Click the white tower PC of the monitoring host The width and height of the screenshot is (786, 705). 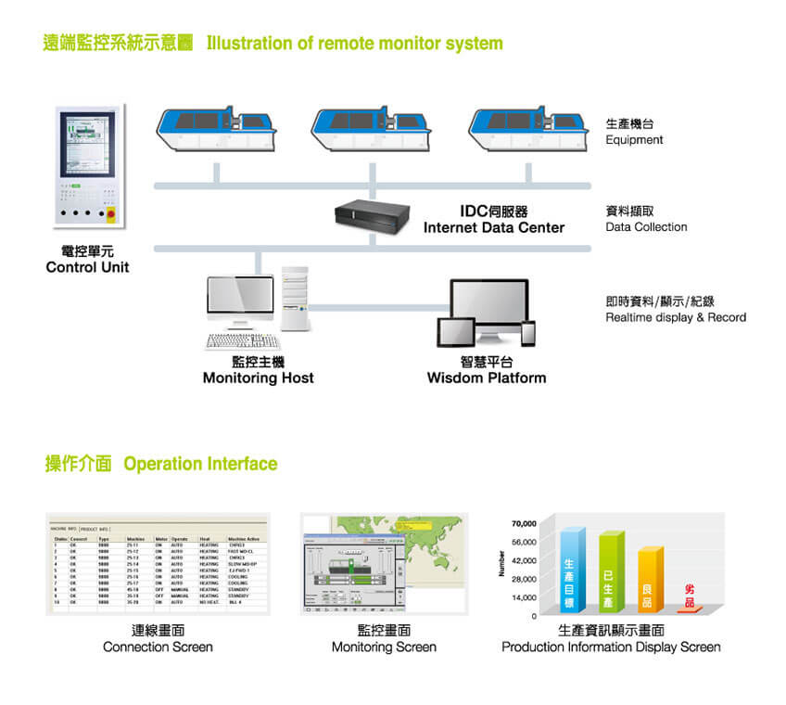click(x=295, y=299)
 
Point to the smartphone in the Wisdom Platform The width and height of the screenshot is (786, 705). click(x=528, y=334)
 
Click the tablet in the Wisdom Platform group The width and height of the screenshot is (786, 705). click(x=455, y=332)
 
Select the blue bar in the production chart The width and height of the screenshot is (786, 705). click(x=571, y=570)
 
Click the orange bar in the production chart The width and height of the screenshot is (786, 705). click(x=649, y=580)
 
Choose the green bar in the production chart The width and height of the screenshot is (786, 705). click(x=610, y=572)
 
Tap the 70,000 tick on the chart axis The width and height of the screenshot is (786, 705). click(x=525, y=524)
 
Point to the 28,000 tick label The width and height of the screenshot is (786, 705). click(x=525, y=579)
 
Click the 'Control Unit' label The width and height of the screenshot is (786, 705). click(x=88, y=268)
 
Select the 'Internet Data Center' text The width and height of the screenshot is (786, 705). click(x=494, y=228)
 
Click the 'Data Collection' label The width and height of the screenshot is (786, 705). click(x=646, y=227)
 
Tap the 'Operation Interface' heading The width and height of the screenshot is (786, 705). click(x=200, y=464)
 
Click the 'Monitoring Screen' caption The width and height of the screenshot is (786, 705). click(x=384, y=647)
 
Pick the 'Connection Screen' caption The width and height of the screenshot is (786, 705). click(x=158, y=647)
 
